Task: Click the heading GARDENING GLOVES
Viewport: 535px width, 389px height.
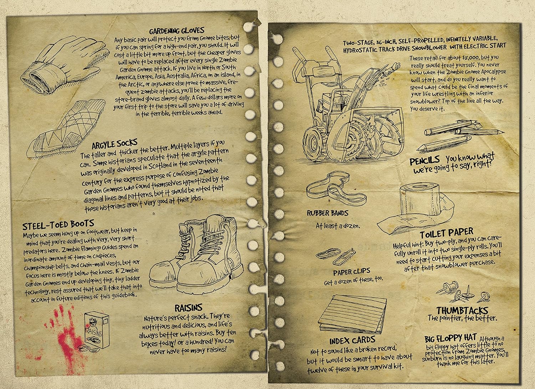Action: pyautogui.click(x=177, y=31)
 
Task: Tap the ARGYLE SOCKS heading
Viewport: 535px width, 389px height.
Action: pyautogui.click(x=114, y=144)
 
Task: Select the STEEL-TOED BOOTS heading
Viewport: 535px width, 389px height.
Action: pyautogui.click(x=58, y=224)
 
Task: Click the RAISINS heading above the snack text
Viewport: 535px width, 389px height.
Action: pyautogui.click(x=189, y=308)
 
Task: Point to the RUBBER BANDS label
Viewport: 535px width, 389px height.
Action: pyautogui.click(x=327, y=213)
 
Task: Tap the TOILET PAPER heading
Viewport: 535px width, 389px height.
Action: pyautogui.click(x=446, y=233)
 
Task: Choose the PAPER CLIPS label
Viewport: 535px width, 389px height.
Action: pyautogui.click(x=352, y=272)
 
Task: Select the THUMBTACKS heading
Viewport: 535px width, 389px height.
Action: pyautogui.click(x=462, y=311)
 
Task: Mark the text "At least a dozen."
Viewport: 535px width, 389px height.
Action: pyautogui.click(x=338, y=226)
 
